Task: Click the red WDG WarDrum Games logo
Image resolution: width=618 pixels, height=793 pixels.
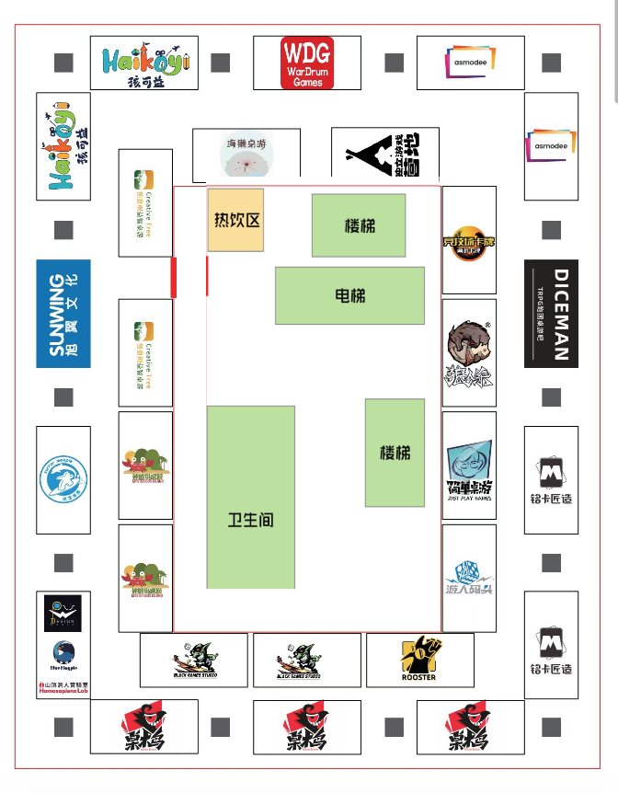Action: pyautogui.click(x=307, y=63)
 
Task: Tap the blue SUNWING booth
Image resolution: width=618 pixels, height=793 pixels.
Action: pyautogui.click(x=63, y=314)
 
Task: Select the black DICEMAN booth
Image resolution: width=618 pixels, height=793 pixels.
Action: pyautogui.click(x=551, y=314)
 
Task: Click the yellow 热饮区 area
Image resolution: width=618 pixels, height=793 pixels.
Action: pyautogui.click(x=235, y=221)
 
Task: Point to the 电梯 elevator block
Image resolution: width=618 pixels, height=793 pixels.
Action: pyautogui.click(x=349, y=295)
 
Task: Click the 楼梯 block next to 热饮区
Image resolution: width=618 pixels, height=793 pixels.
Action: pyautogui.click(x=359, y=225)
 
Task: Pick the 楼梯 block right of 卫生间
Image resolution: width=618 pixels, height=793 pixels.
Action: pyautogui.click(x=395, y=453)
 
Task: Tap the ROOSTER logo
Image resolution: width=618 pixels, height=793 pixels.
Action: pyautogui.click(x=418, y=659)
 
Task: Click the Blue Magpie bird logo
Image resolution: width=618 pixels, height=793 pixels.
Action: pyautogui.click(x=63, y=652)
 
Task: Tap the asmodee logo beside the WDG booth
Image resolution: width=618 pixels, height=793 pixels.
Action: pyautogui.click(x=471, y=63)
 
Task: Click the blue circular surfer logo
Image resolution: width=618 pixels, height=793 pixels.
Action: pyautogui.click(x=63, y=479)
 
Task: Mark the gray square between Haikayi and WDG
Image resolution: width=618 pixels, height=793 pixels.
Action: pyautogui.click(x=220, y=63)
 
